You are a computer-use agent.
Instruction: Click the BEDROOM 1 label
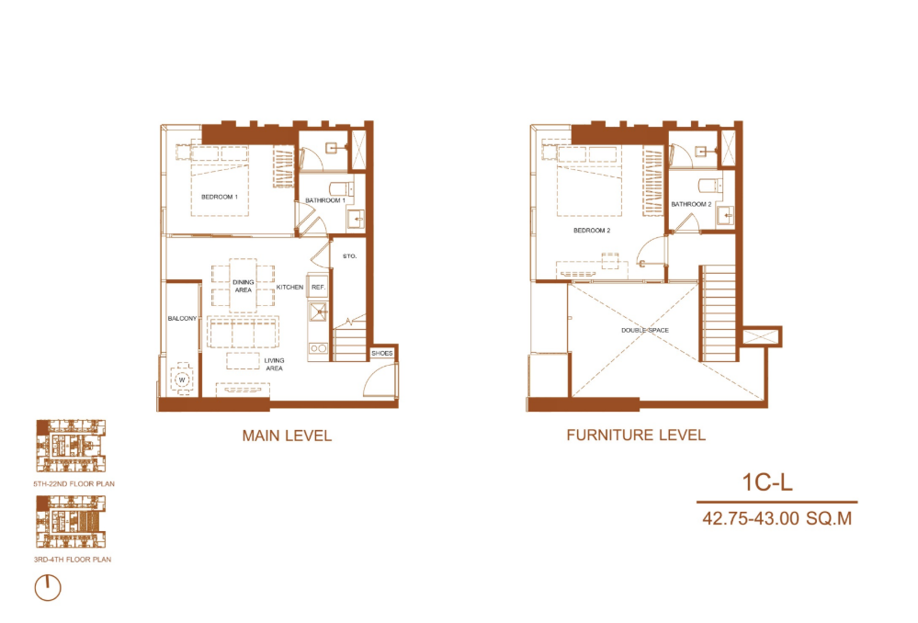coord(220,197)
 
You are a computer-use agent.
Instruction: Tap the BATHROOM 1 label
coord(325,200)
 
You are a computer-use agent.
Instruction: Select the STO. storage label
coord(349,255)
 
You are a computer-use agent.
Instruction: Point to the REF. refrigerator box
coord(318,287)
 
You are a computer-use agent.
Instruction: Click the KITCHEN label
coord(289,287)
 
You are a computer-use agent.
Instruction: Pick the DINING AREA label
coord(243,286)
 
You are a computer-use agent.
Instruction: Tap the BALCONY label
coord(182,318)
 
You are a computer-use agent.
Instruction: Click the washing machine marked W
coord(182,380)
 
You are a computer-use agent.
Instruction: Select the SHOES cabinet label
coord(381,353)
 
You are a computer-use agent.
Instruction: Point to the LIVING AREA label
coord(274,364)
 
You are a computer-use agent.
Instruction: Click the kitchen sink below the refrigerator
coord(319,312)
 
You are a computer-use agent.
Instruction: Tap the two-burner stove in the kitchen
coord(318,348)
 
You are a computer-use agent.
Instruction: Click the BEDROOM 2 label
coord(592,230)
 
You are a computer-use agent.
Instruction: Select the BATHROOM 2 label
coord(691,204)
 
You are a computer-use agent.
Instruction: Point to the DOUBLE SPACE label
coord(644,330)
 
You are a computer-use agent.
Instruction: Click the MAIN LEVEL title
coord(287,436)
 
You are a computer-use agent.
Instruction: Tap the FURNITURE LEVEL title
coord(636,435)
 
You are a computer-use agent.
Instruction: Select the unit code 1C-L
coord(767,482)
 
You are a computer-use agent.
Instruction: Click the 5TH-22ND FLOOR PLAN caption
coord(74,483)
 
